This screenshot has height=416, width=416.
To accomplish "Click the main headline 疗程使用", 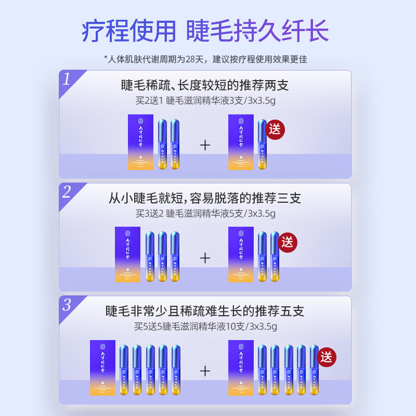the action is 129,31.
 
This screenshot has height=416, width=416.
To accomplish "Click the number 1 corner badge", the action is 67,80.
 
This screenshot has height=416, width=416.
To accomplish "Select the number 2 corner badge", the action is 67,192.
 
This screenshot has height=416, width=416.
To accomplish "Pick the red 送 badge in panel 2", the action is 287,242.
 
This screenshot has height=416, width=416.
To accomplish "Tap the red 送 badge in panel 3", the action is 327,357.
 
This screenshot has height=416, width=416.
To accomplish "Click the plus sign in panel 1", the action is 205,145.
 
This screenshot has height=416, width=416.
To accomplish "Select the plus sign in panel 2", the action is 205,258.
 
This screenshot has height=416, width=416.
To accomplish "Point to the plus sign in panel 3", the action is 205,371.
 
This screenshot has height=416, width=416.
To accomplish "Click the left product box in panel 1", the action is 140,142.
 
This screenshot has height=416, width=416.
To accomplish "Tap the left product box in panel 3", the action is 102,368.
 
